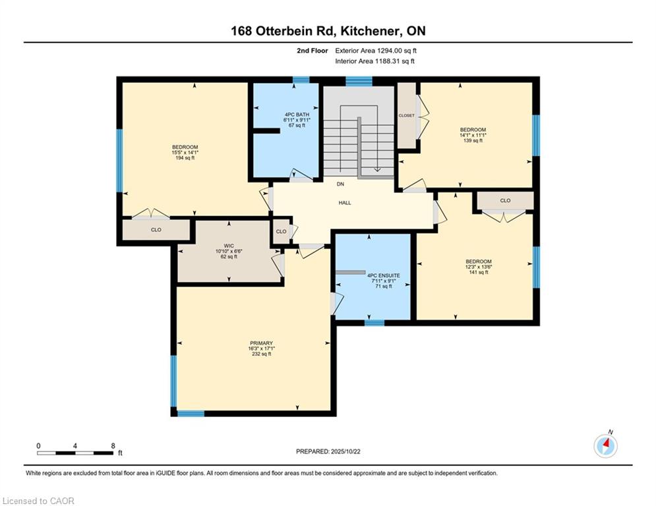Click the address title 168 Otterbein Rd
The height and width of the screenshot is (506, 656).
pyautogui.click(x=282, y=31)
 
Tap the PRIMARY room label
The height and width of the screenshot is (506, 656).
pyautogui.click(x=261, y=343)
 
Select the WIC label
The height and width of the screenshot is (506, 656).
pyautogui.click(x=229, y=246)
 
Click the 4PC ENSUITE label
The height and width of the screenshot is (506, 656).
pyautogui.click(x=384, y=275)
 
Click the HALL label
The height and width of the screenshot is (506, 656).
pyautogui.click(x=345, y=203)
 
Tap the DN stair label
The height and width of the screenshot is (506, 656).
pyautogui.click(x=341, y=184)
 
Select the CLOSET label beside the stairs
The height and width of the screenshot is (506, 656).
pyautogui.click(x=407, y=115)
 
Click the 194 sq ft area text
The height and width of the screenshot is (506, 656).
pyautogui.click(x=185, y=158)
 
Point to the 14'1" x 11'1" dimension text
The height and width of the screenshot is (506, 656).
pyautogui.click(x=473, y=135)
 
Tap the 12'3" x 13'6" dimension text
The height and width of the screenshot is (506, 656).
pyautogui.click(x=479, y=267)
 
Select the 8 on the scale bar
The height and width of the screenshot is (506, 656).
pyautogui.click(x=113, y=446)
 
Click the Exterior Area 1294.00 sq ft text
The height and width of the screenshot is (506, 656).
pyautogui.click(x=376, y=51)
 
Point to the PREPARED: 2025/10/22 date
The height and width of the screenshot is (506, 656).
pyautogui.click(x=328, y=451)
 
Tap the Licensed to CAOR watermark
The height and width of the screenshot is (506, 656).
pyautogui.click(x=38, y=501)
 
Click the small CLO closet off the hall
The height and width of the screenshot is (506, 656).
pyautogui.click(x=281, y=231)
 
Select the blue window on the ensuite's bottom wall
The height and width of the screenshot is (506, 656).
pyautogui.click(x=374, y=323)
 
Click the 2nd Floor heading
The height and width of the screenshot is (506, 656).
pyautogui.click(x=312, y=51)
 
